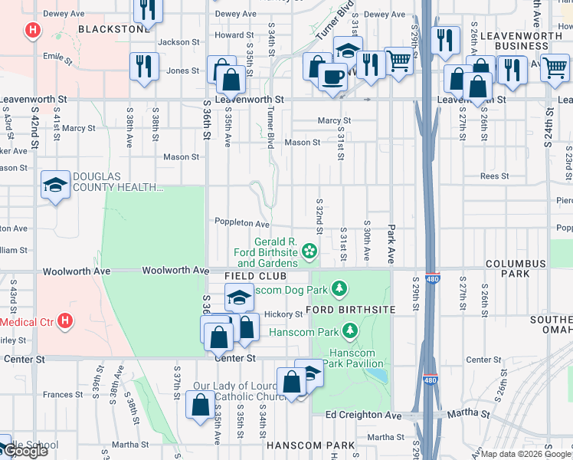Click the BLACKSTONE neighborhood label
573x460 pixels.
point(114,29)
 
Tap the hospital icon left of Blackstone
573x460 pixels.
point(32,31)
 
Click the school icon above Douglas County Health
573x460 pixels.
point(56,185)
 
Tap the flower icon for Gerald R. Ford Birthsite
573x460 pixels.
point(309,250)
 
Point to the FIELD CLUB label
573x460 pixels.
point(255,275)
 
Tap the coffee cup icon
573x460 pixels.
point(332,76)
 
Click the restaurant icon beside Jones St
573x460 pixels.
point(143,64)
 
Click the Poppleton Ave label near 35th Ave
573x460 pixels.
point(241,224)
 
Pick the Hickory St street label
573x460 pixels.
point(283,314)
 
